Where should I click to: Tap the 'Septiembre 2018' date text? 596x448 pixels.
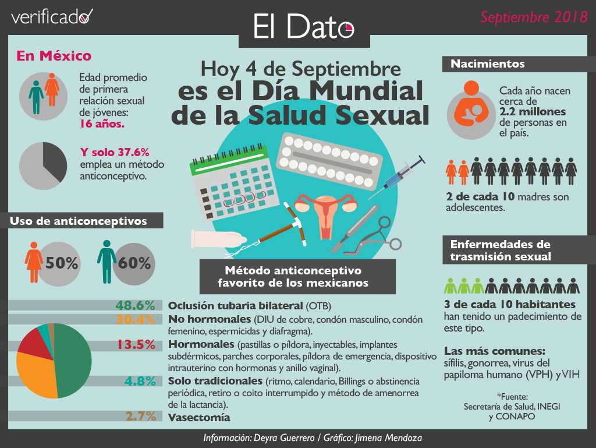click(534, 17)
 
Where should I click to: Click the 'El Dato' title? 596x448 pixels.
click(303, 26)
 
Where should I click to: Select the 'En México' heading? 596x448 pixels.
click(54, 57)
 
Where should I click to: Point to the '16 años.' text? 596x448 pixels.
click(102, 124)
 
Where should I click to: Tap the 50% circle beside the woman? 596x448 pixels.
click(62, 263)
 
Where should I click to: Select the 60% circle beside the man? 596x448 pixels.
click(134, 263)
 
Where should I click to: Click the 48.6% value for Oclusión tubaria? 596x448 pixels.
click(135, 305)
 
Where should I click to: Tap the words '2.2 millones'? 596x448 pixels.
click(533, 112)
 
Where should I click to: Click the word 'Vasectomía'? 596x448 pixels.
click(199, 418)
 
